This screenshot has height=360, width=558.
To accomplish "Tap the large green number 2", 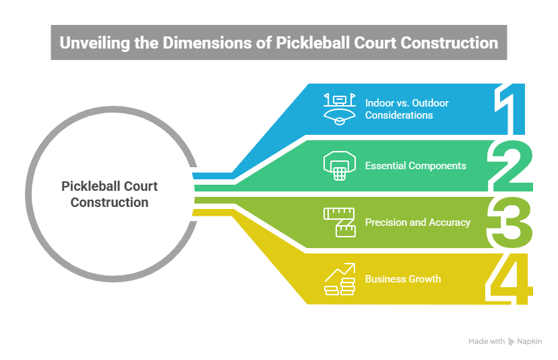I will click(x=512, y=165).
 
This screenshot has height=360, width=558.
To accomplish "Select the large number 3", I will click(x=512, y=222).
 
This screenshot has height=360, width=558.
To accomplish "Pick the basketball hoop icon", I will click(x=339, y=166).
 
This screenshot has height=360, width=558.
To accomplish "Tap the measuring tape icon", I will click(x=339, y=222).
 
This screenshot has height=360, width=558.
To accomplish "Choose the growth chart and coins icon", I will click(x=339, y=279).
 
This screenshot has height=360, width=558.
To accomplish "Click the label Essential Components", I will click(x=415, y=166).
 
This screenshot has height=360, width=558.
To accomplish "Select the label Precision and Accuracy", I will click(x=417, y=222).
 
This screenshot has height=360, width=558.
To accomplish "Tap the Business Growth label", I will click(x=403, y=278).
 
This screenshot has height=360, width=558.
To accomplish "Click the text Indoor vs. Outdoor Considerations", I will click(x=406, y=109).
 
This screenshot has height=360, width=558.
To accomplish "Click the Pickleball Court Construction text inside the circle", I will click(x=109, y=193).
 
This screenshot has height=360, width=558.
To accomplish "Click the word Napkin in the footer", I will click(x=529, y=342).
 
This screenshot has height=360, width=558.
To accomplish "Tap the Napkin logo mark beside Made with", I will click(x=511, y=342).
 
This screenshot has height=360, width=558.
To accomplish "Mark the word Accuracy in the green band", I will click(x=448, y=222).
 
